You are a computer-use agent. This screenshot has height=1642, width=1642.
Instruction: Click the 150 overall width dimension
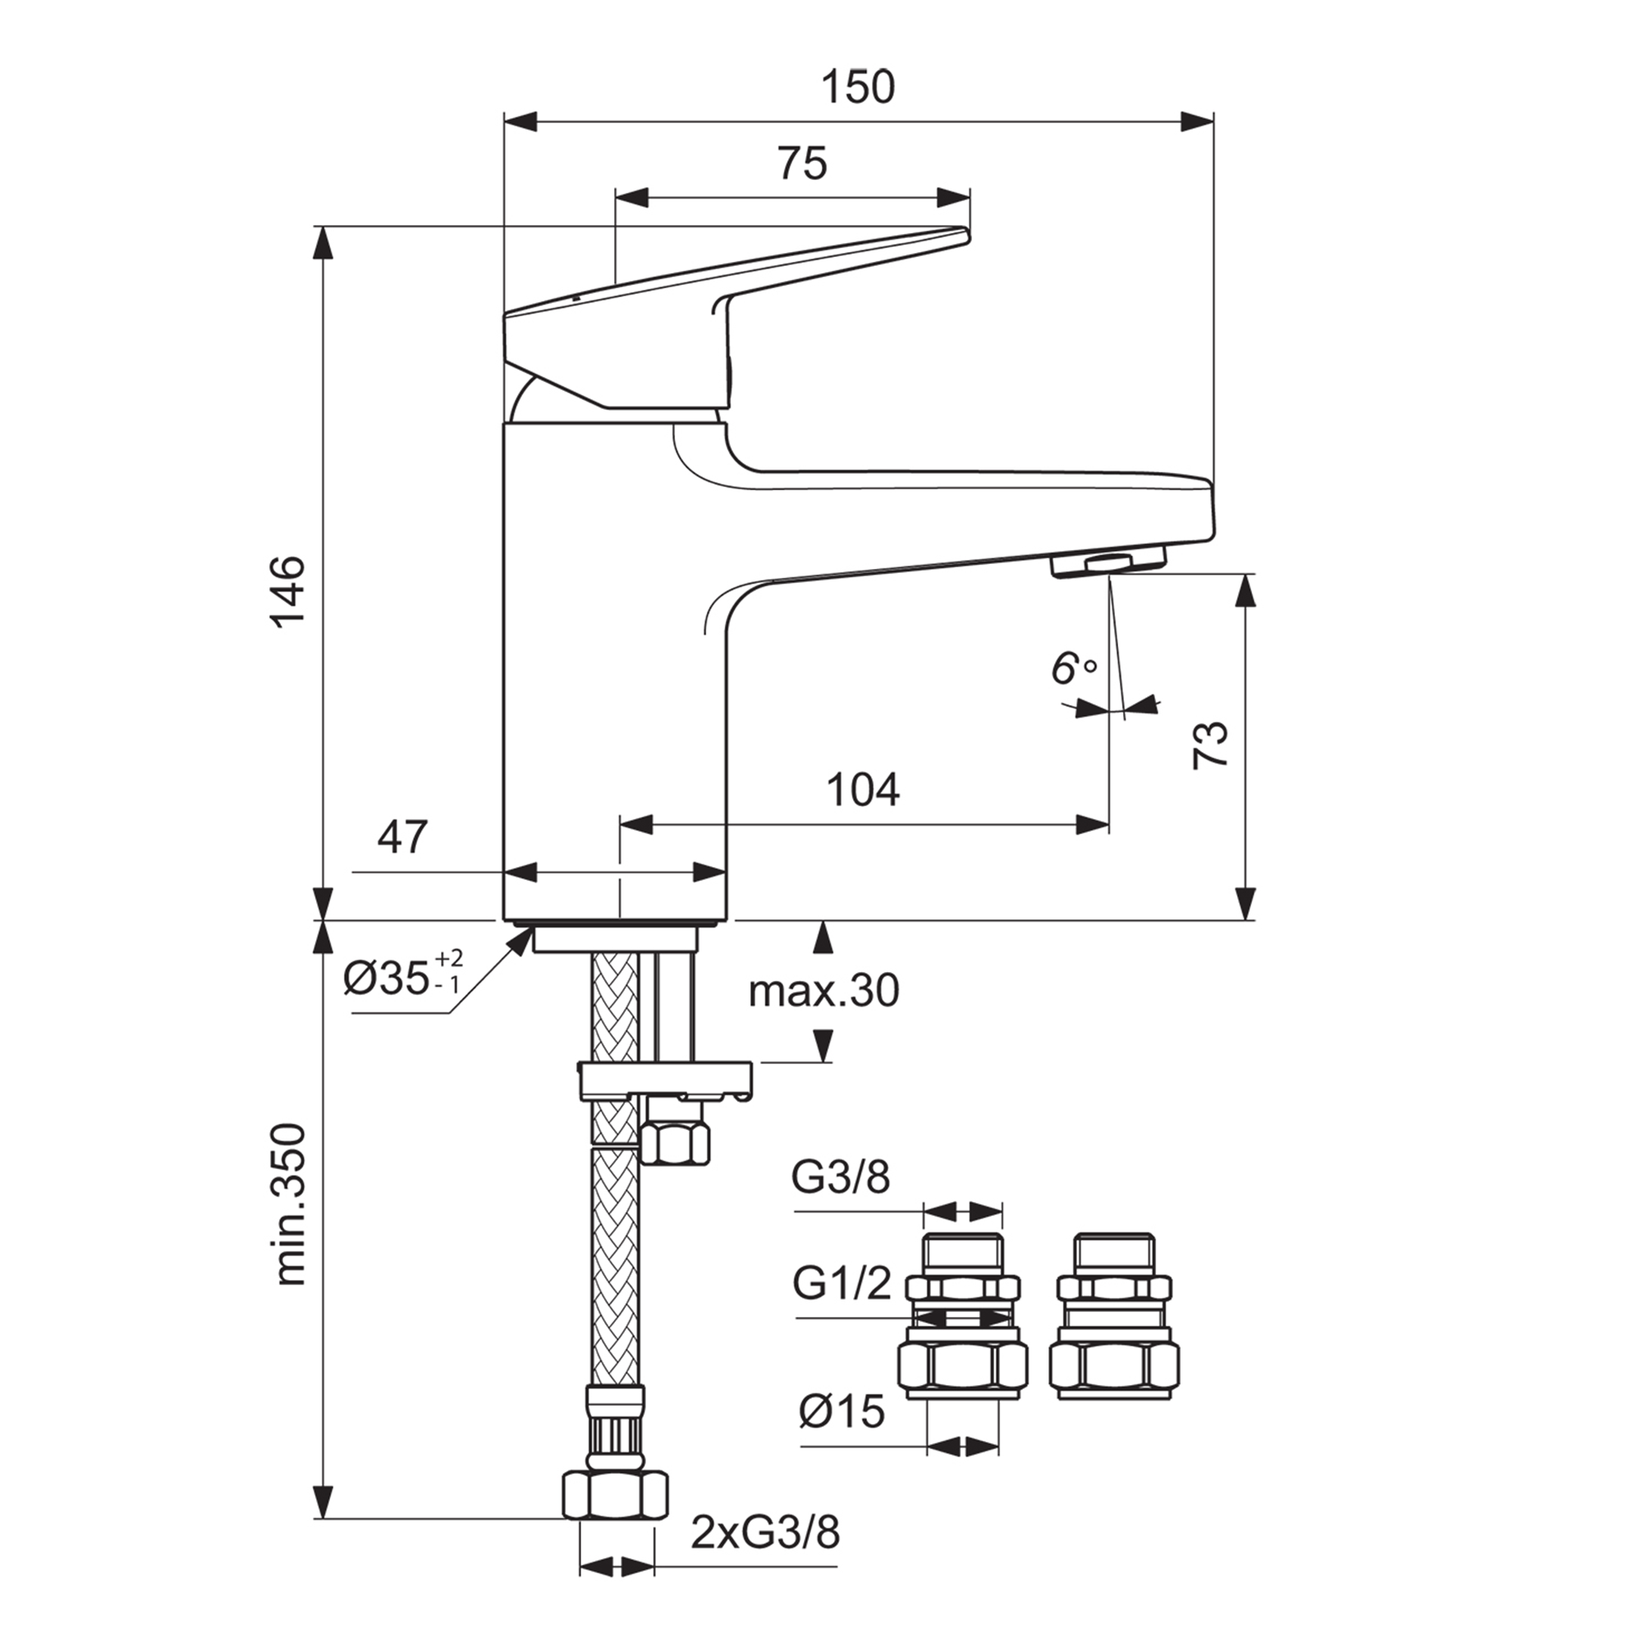pos(859,88)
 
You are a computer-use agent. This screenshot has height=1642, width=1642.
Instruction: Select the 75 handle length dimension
pos(802,164)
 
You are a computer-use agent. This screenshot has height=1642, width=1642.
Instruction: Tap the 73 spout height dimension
pos(1210,745)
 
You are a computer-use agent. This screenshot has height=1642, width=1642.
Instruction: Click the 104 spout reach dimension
pos(864,791)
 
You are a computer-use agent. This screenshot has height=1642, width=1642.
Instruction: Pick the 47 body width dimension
pos(402,838)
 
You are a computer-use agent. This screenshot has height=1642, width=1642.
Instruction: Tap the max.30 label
pos(823,990)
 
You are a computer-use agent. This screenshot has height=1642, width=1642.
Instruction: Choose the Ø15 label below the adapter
pos(842,1411)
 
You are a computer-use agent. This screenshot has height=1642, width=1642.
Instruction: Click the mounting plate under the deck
pos(665,1080)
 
